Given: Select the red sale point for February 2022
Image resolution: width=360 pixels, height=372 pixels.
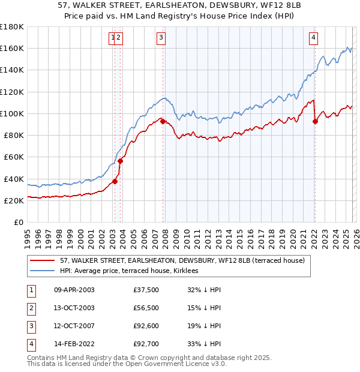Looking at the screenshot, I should click(x=315, y=121).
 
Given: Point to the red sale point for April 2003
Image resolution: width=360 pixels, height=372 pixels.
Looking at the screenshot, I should click(x=115, y=181).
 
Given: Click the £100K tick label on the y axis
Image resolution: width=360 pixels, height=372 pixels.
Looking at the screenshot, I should click(x=12, y=113).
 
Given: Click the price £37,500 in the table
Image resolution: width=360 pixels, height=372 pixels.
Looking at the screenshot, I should click(x=146, y=290).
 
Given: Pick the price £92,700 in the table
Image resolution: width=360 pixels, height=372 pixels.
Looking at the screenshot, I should click(x=146, y=344).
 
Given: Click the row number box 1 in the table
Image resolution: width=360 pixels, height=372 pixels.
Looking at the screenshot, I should click(x=31, y=290).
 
